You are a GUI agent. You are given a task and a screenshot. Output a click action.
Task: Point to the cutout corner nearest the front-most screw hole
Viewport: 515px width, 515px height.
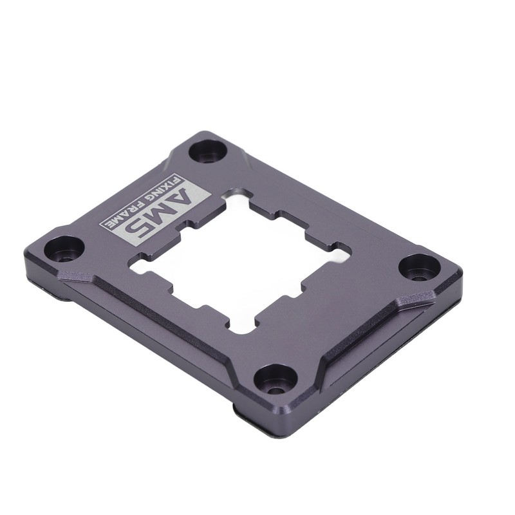tap(241, 328)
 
